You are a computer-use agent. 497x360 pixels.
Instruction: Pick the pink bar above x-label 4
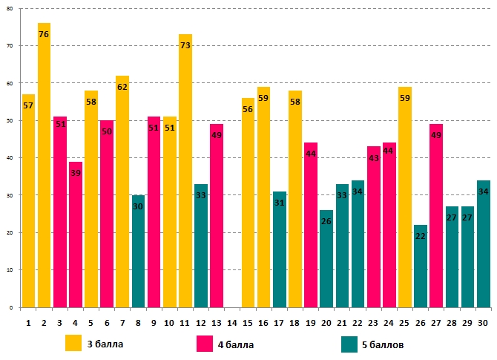(76, 238)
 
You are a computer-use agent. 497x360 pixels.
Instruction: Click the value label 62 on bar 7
(122, 87)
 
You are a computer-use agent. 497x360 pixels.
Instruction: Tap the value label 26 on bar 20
(326, 221)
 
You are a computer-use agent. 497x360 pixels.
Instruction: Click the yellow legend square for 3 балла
(73, 344)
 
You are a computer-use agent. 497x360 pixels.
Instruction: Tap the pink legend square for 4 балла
(205, 344)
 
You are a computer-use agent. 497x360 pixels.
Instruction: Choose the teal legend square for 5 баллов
(350, 344)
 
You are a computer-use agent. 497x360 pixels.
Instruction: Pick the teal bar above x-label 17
(279, 252)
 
